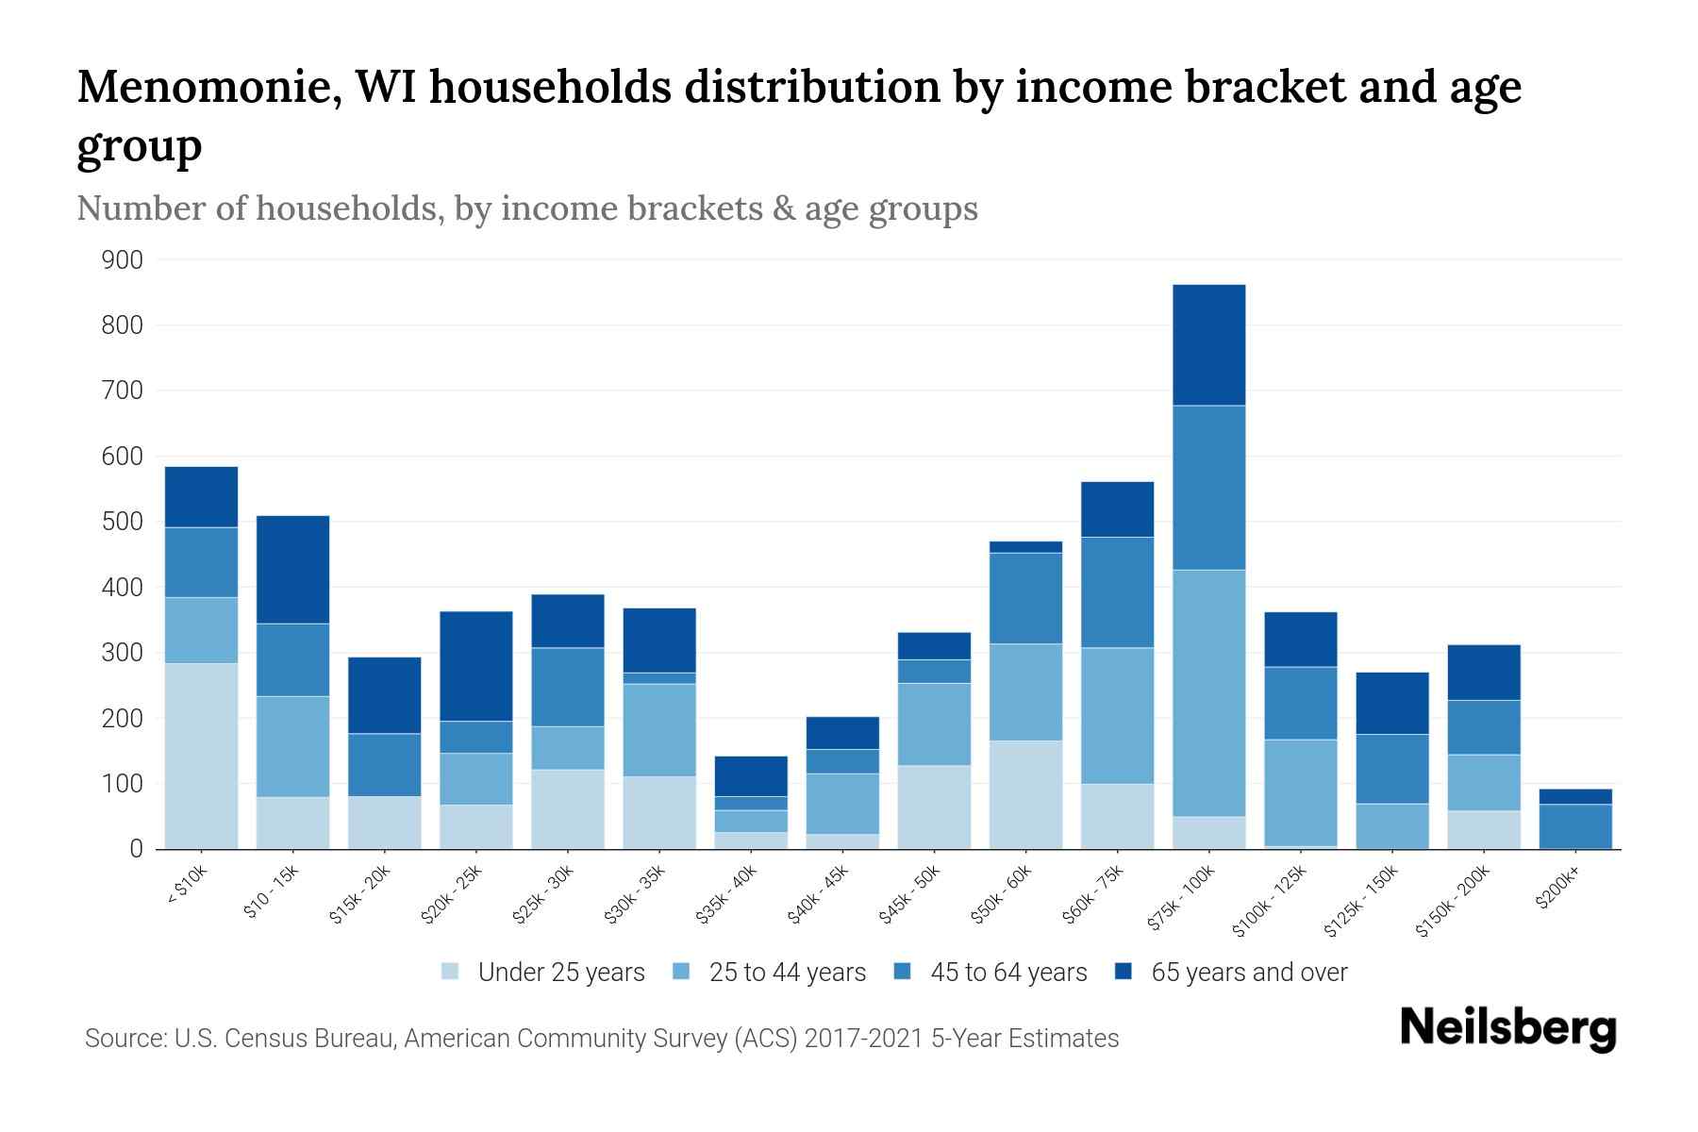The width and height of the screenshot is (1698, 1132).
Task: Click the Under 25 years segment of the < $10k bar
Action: tap(201, 756)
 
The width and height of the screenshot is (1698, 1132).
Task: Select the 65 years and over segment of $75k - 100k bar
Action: tap(1208, 345)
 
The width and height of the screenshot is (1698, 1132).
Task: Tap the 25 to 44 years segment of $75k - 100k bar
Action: tap(1208, 692)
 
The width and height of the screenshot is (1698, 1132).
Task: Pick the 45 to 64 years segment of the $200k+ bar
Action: tap(1574, 826)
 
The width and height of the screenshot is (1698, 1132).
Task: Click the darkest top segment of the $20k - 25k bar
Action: tap(475, 666)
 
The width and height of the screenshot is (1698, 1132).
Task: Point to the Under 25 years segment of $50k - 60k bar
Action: tap(1025, 794)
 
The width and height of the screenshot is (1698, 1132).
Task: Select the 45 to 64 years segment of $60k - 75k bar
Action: tap(1117, 592)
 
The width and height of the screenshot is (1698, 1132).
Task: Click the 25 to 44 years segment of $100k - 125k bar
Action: tap(1300, 792)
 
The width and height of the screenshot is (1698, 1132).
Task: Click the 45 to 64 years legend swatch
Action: tap(902, 972)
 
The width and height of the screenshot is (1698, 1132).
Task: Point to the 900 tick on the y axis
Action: tap(123, 260)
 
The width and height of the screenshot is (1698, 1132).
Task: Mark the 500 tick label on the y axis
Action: tap(123, 523)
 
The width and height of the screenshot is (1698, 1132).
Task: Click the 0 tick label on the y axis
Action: tap(136, 850)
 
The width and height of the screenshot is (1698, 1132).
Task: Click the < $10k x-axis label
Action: tap(187, 888)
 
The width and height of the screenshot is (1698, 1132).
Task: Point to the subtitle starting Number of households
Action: tap(526, 208)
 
